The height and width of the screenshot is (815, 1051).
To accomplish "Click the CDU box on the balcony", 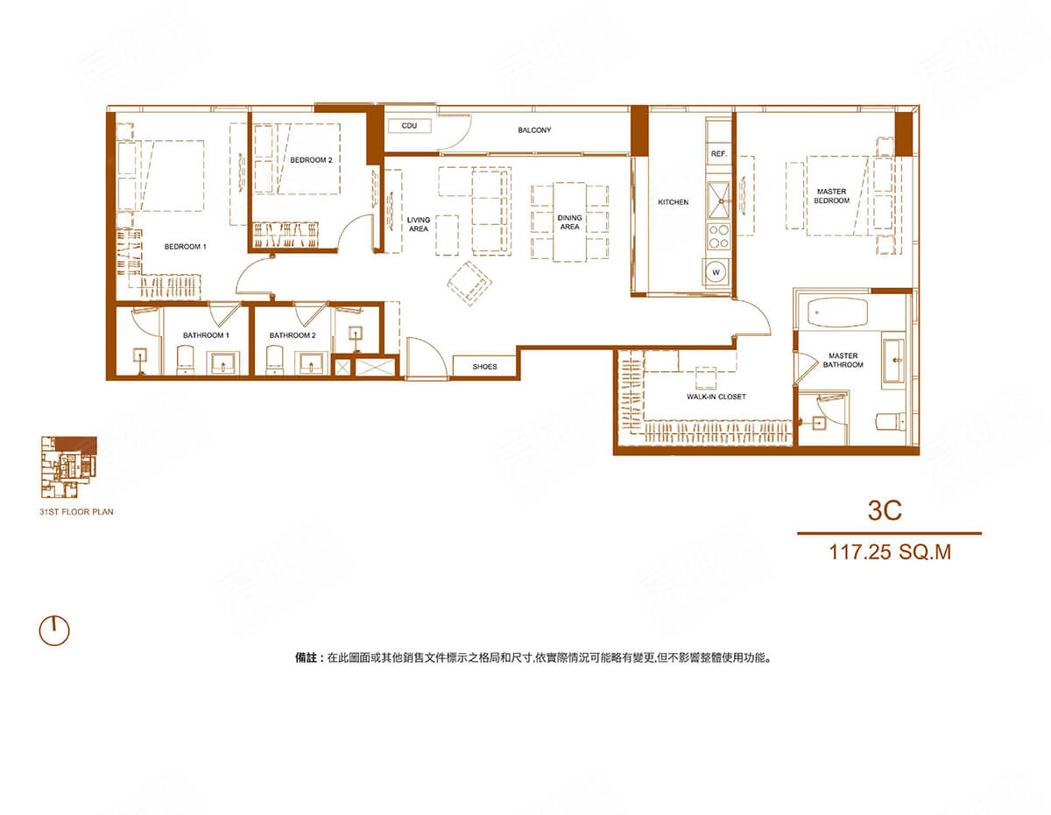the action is [409, 126].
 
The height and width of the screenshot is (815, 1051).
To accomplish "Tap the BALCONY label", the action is [534, 130].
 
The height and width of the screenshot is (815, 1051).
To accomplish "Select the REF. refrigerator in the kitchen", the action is [718, 154].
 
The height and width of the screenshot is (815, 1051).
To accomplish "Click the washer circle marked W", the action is [716, 272].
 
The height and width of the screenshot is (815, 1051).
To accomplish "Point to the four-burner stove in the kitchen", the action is [718, 236].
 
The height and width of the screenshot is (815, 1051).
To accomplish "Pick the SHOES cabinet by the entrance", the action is [484, 367].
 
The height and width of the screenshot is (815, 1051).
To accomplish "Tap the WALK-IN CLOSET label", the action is [716, 397].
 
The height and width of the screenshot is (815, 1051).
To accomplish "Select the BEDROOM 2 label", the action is [311, 160].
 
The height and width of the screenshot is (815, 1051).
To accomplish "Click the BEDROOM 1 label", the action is [186, 247].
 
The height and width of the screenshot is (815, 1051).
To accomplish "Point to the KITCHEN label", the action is [674, 202].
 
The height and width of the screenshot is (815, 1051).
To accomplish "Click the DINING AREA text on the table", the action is [570, 222].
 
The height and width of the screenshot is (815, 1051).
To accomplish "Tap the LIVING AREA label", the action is [419, 224].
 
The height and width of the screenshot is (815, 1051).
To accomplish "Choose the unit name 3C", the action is [885, 510].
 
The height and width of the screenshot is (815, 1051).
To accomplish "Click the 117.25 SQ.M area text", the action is [890, 552].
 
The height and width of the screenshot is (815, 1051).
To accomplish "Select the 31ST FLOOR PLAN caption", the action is [76, 512].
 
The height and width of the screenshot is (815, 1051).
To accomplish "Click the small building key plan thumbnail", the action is [68, 467].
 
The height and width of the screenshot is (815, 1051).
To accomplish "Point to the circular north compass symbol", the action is [54, 631].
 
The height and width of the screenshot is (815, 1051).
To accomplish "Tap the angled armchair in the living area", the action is [469, 284].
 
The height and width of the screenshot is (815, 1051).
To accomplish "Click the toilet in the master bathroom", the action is [891, 421].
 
